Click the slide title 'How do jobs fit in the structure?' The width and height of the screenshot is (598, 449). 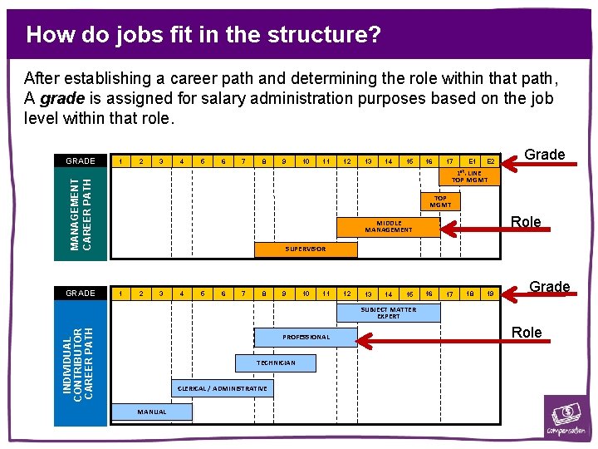pos(203,35)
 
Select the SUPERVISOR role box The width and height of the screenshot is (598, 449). pos(305,249)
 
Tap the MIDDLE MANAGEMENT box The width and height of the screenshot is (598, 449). pos(389,227)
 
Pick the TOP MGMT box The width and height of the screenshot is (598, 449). pos(440,202)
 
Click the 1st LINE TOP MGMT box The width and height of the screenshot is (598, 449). pos(470,177)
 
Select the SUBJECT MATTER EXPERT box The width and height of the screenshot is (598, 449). pos(388,313)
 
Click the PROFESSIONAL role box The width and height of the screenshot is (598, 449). pos(306,337)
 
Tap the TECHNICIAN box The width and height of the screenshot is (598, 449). pos(276,363)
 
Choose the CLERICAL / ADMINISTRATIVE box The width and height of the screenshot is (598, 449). pos(223,388)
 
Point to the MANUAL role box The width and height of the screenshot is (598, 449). pos(152,412)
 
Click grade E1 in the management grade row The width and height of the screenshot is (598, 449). pos(472,161)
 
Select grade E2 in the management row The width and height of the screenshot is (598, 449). pos(490,161)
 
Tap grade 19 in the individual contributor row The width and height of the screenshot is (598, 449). pos(490,294)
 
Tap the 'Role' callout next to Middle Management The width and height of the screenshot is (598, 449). pos(526,222)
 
